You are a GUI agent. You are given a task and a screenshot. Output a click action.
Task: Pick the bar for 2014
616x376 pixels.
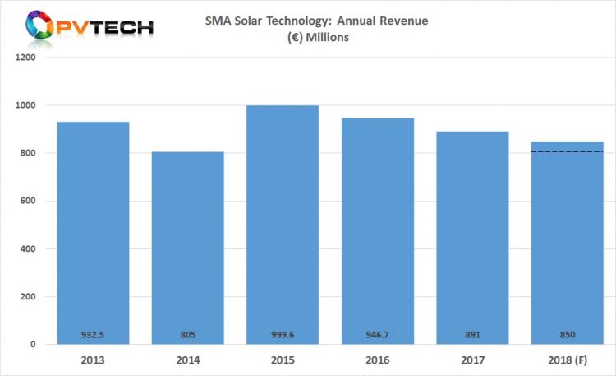click(x=188, y=247)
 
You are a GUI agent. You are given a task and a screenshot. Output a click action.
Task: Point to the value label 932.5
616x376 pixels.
click(x=93, y=335)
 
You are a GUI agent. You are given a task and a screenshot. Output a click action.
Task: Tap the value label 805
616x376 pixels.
click(x=188, y=335)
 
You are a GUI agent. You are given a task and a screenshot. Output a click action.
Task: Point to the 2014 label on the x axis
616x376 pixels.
click(x=188, y=360)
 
